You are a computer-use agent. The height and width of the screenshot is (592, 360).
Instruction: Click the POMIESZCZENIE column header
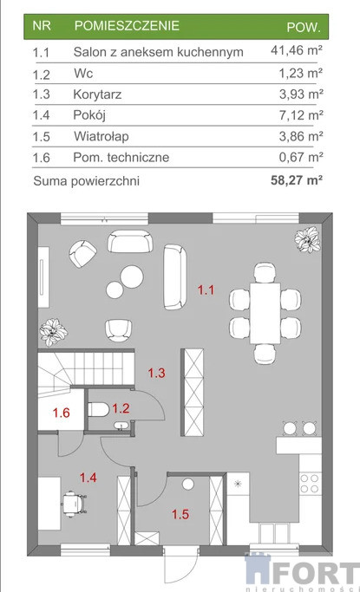click(127, 26)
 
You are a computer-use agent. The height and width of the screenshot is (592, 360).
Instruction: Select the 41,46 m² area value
click(297, 49)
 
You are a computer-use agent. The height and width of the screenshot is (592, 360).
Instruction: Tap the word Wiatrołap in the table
click(101, 136)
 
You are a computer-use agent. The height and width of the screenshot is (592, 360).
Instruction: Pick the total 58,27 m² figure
click(297, 180)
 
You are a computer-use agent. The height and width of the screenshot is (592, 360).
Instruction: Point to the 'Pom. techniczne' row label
click(121, 157)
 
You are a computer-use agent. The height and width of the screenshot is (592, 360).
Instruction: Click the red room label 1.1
click(206, 290)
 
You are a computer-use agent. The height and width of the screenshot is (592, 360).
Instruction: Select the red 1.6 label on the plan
click(62, 413)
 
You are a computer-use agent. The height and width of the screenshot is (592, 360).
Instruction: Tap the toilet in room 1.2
click(98, 409)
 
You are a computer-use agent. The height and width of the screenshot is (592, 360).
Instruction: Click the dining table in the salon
click(265, 314)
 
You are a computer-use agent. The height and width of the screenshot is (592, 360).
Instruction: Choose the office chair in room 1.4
click(74, 504)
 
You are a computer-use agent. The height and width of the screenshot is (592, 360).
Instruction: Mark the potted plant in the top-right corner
click(307, 240)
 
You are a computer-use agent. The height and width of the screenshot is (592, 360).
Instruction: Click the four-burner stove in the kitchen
click(310, 484)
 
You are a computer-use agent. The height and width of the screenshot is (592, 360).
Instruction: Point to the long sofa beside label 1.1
click(175, 276)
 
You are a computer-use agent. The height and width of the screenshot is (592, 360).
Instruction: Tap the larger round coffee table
click(132, 276)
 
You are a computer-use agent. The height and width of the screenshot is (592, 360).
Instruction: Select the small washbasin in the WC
click(121, 426)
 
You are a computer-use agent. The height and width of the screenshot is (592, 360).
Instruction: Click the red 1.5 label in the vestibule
click(180, 514)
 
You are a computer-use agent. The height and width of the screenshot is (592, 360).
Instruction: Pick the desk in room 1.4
click(49, 504)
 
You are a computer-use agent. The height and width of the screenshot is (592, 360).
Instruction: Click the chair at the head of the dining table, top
click(265, 272)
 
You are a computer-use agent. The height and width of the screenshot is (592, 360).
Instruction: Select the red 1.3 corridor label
click(156, 373)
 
